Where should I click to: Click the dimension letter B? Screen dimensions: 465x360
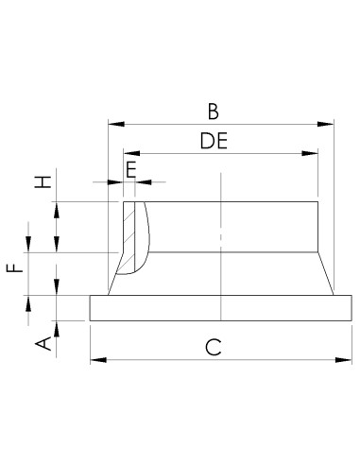pyautogui.click(x=214, y=112)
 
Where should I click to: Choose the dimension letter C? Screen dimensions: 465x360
pyautogui.click(x=214, y=347)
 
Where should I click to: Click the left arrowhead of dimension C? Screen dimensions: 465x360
pyautogui.click(x=95, y=359)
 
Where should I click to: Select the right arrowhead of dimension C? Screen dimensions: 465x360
pyautogui.click(x=346, y=359)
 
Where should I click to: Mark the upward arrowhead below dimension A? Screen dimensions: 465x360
pyautogui.click(x=57, y=326)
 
